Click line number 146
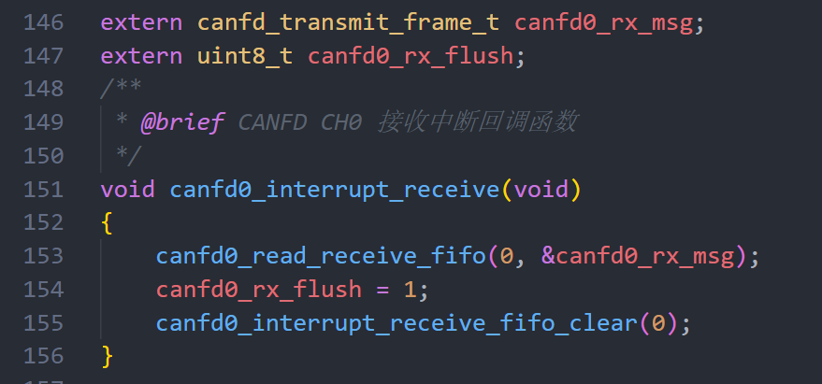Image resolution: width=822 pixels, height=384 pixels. coord(43,21)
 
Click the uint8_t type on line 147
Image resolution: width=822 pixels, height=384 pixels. coord(245,55)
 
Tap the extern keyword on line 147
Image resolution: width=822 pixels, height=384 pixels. coord(140,55)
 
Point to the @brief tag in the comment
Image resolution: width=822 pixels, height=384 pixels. coord(181,122)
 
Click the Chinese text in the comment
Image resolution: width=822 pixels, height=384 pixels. coord(478,122)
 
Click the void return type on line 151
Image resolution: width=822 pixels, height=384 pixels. coord(127,190)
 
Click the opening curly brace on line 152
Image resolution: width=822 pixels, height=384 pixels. coord(107,223)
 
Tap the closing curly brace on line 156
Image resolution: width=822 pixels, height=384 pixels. coord(107,356)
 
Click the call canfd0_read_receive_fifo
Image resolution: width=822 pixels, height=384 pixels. coord(320,256)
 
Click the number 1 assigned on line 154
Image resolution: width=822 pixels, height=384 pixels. coord(408,290)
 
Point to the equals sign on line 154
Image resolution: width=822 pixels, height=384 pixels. coord(381,290)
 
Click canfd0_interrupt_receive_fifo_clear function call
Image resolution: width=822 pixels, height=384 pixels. coord(396,323)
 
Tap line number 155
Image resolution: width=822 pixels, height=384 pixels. coord(43,323)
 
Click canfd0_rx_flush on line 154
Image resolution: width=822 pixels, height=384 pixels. coord(258,290)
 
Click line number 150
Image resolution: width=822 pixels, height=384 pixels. coord(43,156)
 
